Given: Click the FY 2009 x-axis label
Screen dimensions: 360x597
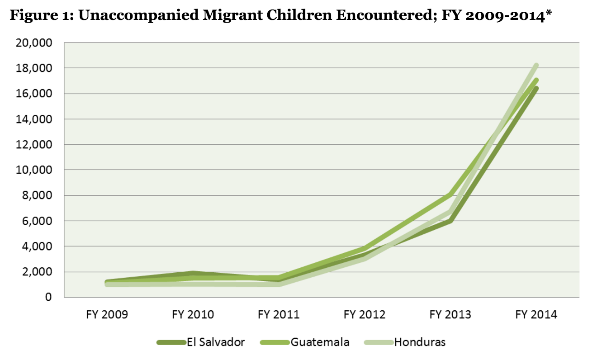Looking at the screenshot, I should [107, 315].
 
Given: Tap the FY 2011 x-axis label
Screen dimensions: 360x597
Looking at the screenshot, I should [279, 315].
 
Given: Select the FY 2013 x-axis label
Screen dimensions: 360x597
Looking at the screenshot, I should [450, 315].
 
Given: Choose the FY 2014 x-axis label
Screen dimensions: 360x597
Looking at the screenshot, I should [536, 315].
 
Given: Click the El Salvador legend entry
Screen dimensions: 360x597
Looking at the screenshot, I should [215, 342].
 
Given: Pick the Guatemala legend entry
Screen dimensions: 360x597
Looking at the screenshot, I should [320, 342].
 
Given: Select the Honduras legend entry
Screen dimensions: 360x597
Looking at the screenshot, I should [419, 342].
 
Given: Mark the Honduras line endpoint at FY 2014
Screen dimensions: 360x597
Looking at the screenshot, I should [536, 66].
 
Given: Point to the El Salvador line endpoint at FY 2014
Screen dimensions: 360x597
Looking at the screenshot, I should [536, 89].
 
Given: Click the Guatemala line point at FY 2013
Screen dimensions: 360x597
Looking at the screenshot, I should [450, 195].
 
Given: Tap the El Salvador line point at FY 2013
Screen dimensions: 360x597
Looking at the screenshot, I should [450, 221].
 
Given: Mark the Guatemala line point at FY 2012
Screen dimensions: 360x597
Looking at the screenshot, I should [365, 249].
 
